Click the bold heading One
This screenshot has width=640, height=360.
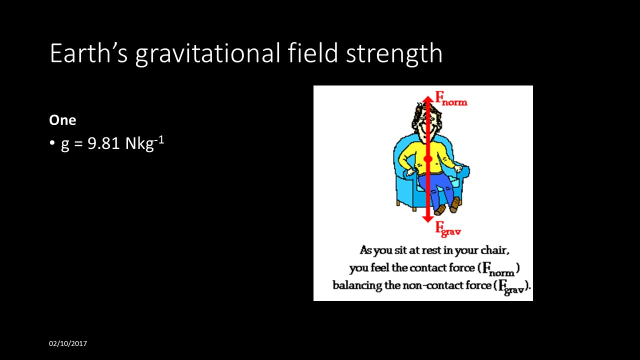pyautogui.click(x=62, y=120)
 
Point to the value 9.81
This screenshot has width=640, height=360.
pyautogui.click(x=104, y=144)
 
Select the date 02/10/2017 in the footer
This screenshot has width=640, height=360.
pyautogui.click(x=68, y=343)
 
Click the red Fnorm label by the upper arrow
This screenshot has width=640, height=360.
pyautogui.click(x=451, y=98)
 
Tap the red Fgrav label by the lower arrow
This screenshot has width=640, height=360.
pyautogui.click(x=447, y=229)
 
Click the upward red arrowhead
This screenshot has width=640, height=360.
pyautogui.click(x=427, y=100)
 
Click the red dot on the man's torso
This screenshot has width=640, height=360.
pyautogui.click(x=427, y=159)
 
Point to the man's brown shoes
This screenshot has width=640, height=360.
pyautogui.click(x=447, y=206)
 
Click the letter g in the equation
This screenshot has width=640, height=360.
pyautogui.click(x=65, y=145)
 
